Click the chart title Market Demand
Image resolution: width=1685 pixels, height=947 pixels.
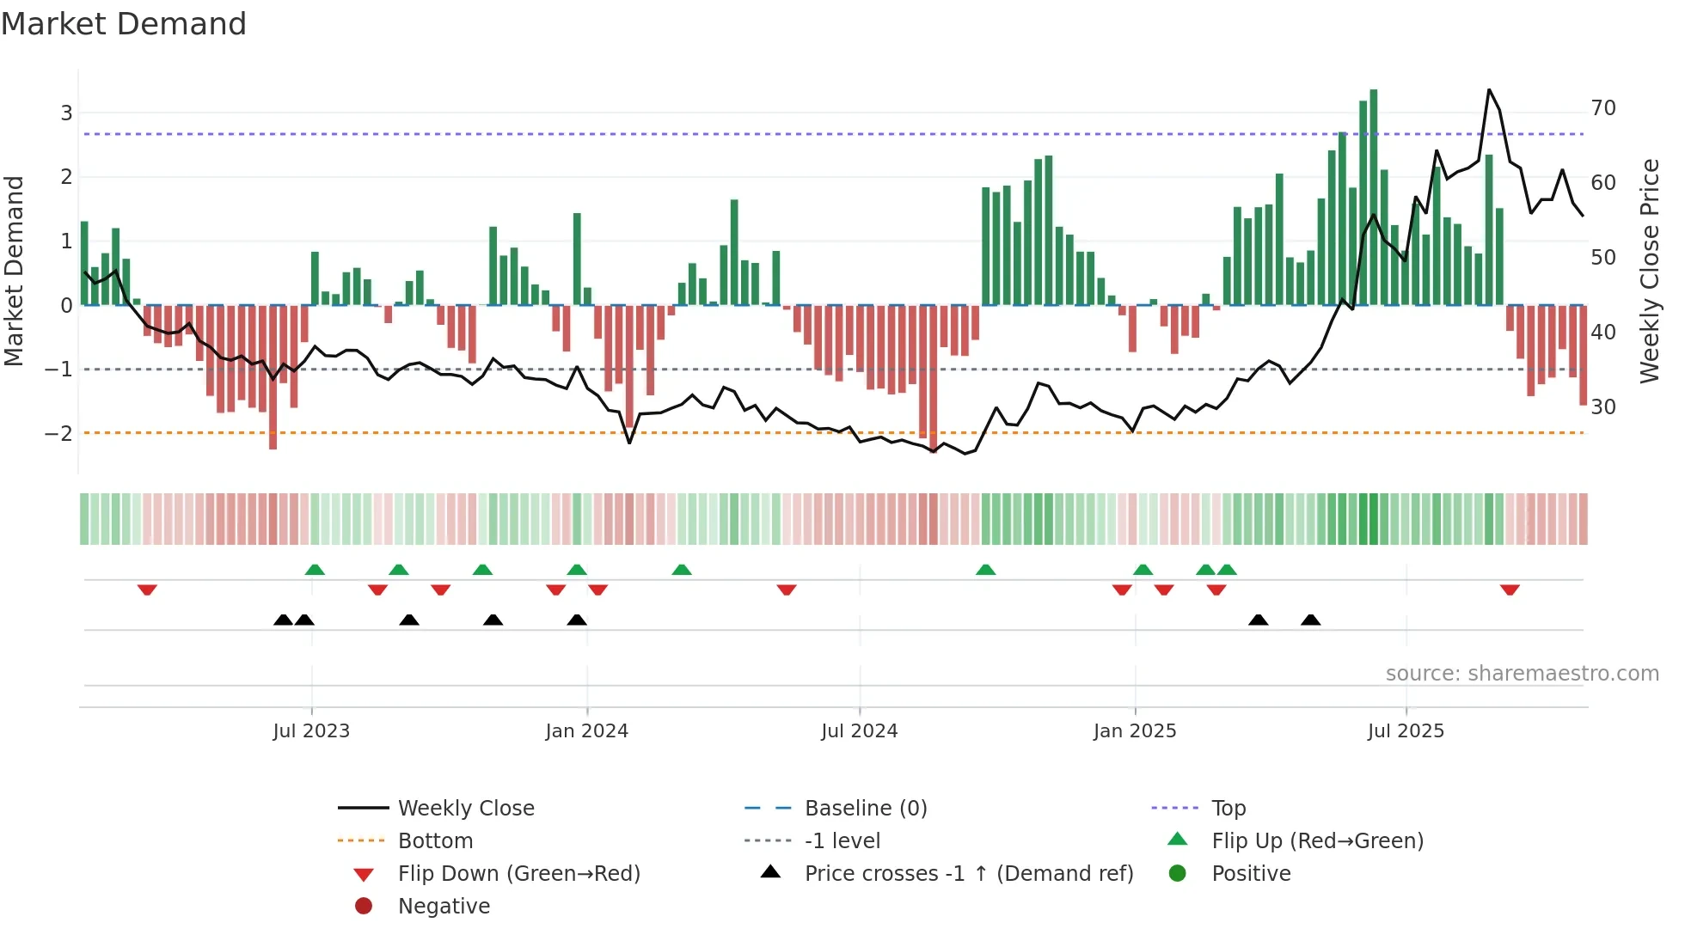point(124,24)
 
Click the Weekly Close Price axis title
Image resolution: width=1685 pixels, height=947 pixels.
point(1649,271)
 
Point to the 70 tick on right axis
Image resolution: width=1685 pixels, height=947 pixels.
point(1602,108)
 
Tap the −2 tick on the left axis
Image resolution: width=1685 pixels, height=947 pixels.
point(59,433)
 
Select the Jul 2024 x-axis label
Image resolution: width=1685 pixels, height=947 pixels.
point(859,731)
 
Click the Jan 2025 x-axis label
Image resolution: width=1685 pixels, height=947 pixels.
point(1134,731)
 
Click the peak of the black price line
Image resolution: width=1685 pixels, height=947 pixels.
point(1489,90)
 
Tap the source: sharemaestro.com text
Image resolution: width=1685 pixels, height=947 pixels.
point(1522,674)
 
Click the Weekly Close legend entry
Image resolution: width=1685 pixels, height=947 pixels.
point(465,809)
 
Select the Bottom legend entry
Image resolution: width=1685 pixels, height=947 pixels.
point(435,841)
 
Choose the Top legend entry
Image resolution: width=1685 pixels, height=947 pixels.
point(1229,809)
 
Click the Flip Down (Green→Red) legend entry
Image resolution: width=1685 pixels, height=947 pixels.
point(518,874)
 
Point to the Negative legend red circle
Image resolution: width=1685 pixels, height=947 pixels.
point(364,907)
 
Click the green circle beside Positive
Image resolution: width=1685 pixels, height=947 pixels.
point(1178,874)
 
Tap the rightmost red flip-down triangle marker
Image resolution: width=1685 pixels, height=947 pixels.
point(1510,590)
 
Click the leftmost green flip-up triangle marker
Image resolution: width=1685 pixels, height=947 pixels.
point(315,570)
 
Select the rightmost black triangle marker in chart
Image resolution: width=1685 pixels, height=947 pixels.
point(1310,620)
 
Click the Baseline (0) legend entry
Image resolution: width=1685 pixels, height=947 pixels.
point(865,809)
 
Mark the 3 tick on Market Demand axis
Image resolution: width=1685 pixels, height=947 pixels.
point(66,113)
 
